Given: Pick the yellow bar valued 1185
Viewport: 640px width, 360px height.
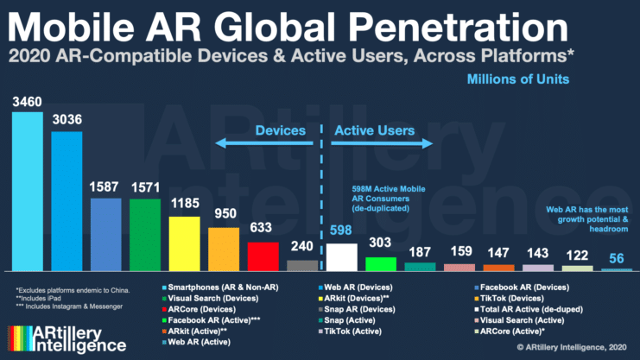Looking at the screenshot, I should click(x=185, y=243).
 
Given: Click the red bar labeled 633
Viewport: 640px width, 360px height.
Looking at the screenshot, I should click(x=263, y=256).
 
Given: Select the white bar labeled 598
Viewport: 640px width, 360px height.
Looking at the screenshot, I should click(x=342, y=256).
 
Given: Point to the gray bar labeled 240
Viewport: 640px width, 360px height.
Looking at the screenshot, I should click(x=302, y=265).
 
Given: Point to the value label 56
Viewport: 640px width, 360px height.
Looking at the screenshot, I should click(x=615, y=256).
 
